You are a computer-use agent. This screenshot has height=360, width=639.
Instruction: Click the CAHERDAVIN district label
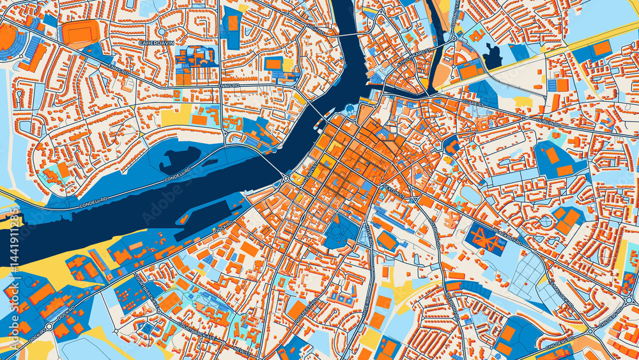(157, 43)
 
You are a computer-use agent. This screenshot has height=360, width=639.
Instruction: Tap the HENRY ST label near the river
(312, 169)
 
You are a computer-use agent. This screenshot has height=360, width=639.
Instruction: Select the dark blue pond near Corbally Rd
(493, 57)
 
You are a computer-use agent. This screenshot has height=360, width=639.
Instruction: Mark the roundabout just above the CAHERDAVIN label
(162, 31)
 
